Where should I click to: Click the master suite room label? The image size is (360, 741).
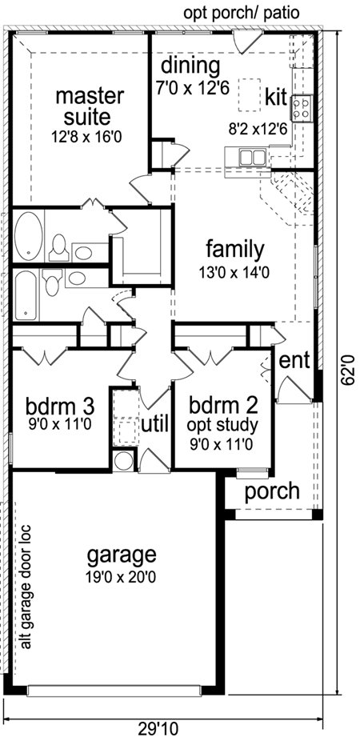point(90,106)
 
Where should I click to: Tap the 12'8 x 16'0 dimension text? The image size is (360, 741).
point(86,137)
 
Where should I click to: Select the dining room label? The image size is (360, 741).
point(190,66)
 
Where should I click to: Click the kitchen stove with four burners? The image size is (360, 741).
point(302,108)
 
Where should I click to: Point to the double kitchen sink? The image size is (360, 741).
point(252,157)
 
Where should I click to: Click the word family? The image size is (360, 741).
point(235,250)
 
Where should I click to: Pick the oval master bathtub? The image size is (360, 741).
point(28,235)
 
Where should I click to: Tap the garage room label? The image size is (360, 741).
point(122,555)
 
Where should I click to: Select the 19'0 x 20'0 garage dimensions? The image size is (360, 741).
point(122,577)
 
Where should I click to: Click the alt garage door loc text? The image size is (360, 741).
point(26,587)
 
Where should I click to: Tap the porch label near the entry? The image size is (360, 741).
point(272,492)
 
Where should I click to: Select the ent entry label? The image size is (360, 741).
point(294,361)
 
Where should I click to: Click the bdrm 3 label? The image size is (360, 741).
point(60,405)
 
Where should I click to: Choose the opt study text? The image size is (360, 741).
point(222,426)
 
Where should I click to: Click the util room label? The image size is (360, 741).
point(155,425)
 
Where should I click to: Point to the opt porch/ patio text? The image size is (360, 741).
point(242,14)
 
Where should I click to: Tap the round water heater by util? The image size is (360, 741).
point(124,461)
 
